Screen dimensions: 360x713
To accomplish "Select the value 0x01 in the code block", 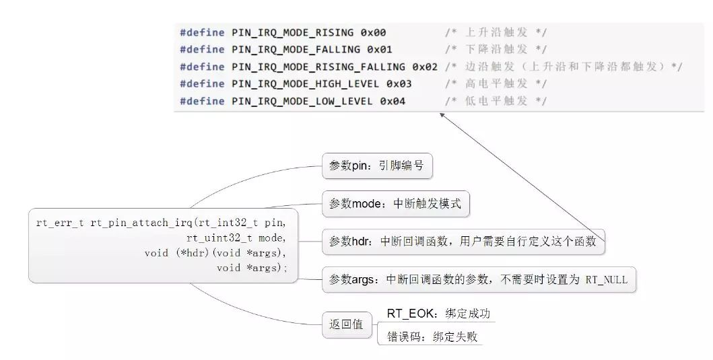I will [x=379, y=49].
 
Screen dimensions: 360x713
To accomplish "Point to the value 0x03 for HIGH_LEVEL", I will [x=399, y=83].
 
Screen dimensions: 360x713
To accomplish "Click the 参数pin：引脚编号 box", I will [x=377, y=166].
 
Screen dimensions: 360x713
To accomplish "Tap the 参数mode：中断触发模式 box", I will [x=395, y=204].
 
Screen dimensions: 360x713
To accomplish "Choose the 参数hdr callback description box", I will [x=463, y=242].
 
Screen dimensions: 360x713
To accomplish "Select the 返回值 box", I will [x=346, y=324].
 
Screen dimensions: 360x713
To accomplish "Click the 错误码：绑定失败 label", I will [x=432, y=336].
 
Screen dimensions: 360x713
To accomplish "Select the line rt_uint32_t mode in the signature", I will [x=236, y=238].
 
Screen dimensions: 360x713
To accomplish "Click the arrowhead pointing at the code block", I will [x=442, y=115].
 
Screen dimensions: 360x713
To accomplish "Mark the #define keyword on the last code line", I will [x=202, y=101].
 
